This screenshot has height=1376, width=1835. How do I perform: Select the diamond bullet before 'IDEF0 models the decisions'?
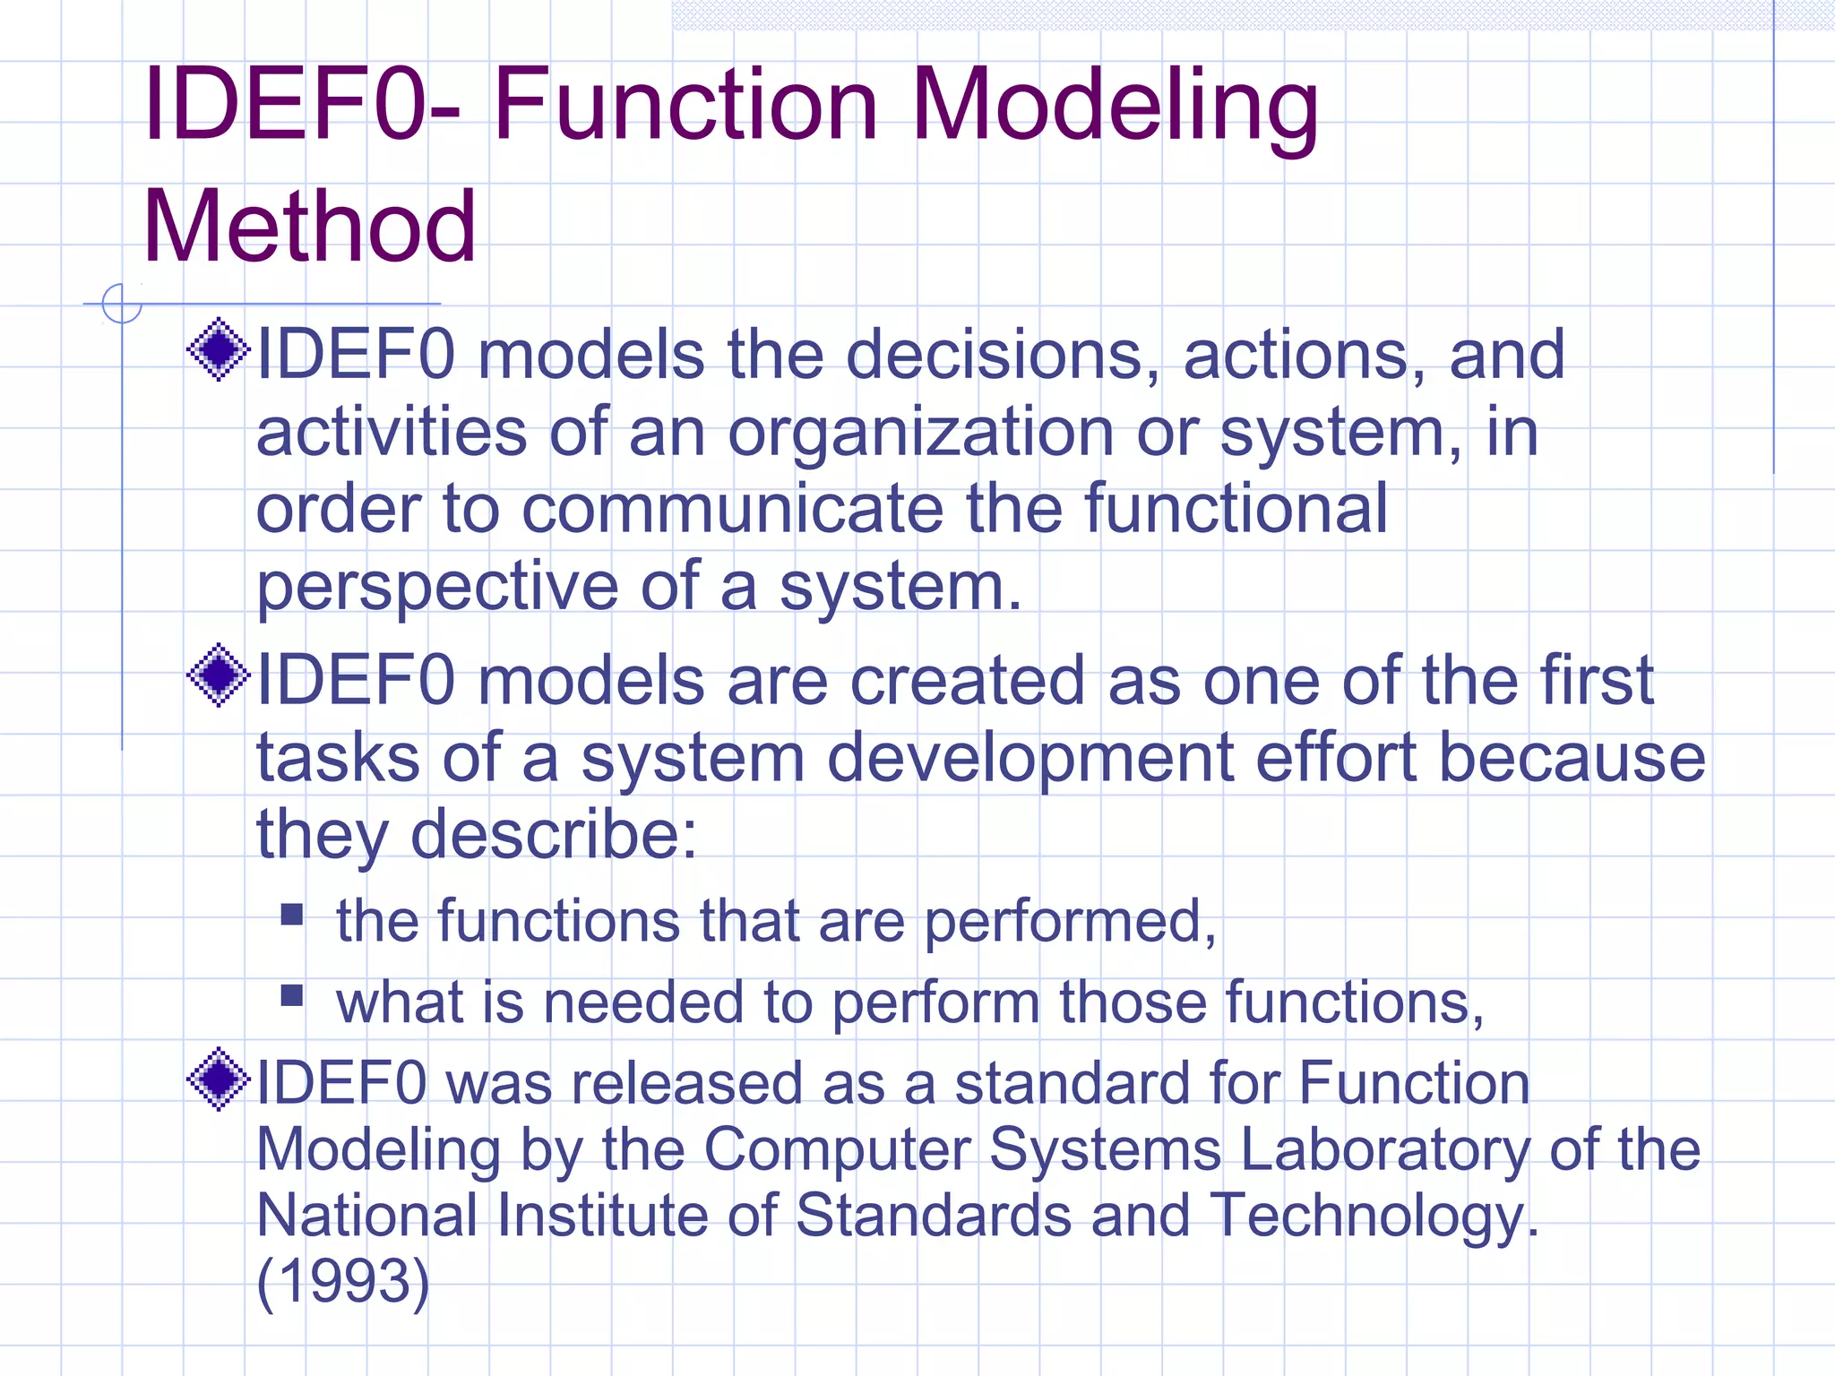(218, 350)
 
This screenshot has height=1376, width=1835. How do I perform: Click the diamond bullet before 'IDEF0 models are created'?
(218, 675)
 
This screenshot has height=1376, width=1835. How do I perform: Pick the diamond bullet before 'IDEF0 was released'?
(218, 1079)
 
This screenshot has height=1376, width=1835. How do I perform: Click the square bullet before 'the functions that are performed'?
(292, 914)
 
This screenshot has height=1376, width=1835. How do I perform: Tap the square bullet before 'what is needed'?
(292, 995)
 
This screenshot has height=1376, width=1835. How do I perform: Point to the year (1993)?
(343, 1281)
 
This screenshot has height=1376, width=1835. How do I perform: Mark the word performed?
(1070, 922)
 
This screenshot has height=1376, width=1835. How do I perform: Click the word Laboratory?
(1385, 1150)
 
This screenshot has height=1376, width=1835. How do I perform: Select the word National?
(366, 1216)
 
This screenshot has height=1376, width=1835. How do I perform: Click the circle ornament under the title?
(122, 303)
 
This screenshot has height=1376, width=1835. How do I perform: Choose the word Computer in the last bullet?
(837, 1150)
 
